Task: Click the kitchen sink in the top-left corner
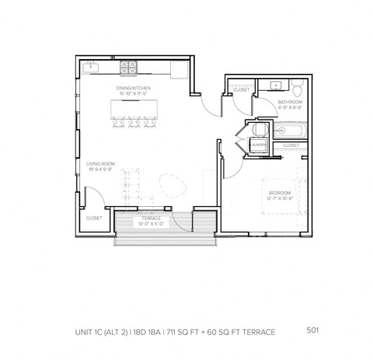point(91,68)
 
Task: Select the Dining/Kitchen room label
point(132,89)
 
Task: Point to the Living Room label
point(99,166)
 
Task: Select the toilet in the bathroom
point(297,85)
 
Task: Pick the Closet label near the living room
point(94,218)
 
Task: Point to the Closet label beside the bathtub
point(291,145)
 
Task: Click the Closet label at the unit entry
point(241,90)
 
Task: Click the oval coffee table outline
point(172,186)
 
